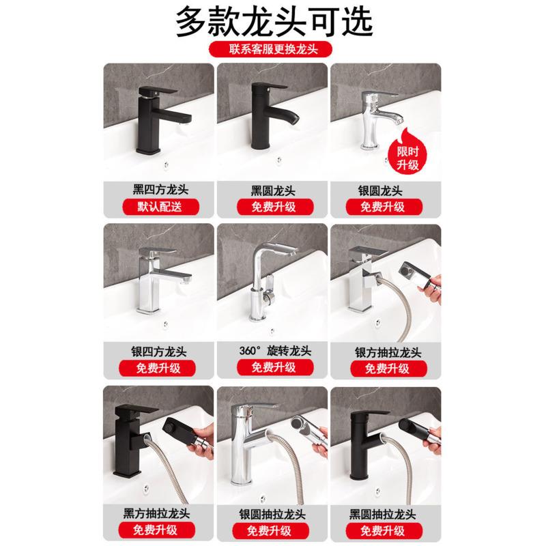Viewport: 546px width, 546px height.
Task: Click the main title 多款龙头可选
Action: pos(274,22)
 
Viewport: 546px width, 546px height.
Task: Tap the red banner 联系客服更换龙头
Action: pos(270,49)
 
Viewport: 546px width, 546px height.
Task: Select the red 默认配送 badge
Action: pos(160,207)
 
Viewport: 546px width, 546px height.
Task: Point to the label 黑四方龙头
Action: pos(160,190)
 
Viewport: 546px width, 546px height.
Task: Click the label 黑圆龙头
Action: pos(273,190)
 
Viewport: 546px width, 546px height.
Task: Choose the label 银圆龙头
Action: pos(380,190)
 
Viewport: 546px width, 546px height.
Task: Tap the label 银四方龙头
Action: pos(159,351)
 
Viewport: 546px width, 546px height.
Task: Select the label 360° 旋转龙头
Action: pos(275,351)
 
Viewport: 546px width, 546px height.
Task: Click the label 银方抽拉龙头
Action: pos(388,352)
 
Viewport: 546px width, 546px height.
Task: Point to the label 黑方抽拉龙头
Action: pos(156,513)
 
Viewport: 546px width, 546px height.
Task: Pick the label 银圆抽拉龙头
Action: pos(272,515)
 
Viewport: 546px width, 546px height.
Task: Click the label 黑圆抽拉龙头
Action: pos(382,515)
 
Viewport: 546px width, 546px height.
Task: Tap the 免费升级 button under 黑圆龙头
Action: pos(275,207)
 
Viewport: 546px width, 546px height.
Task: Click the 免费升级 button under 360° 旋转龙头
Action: pos(275,367)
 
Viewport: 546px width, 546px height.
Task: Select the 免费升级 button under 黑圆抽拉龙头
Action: pos(384,530)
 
